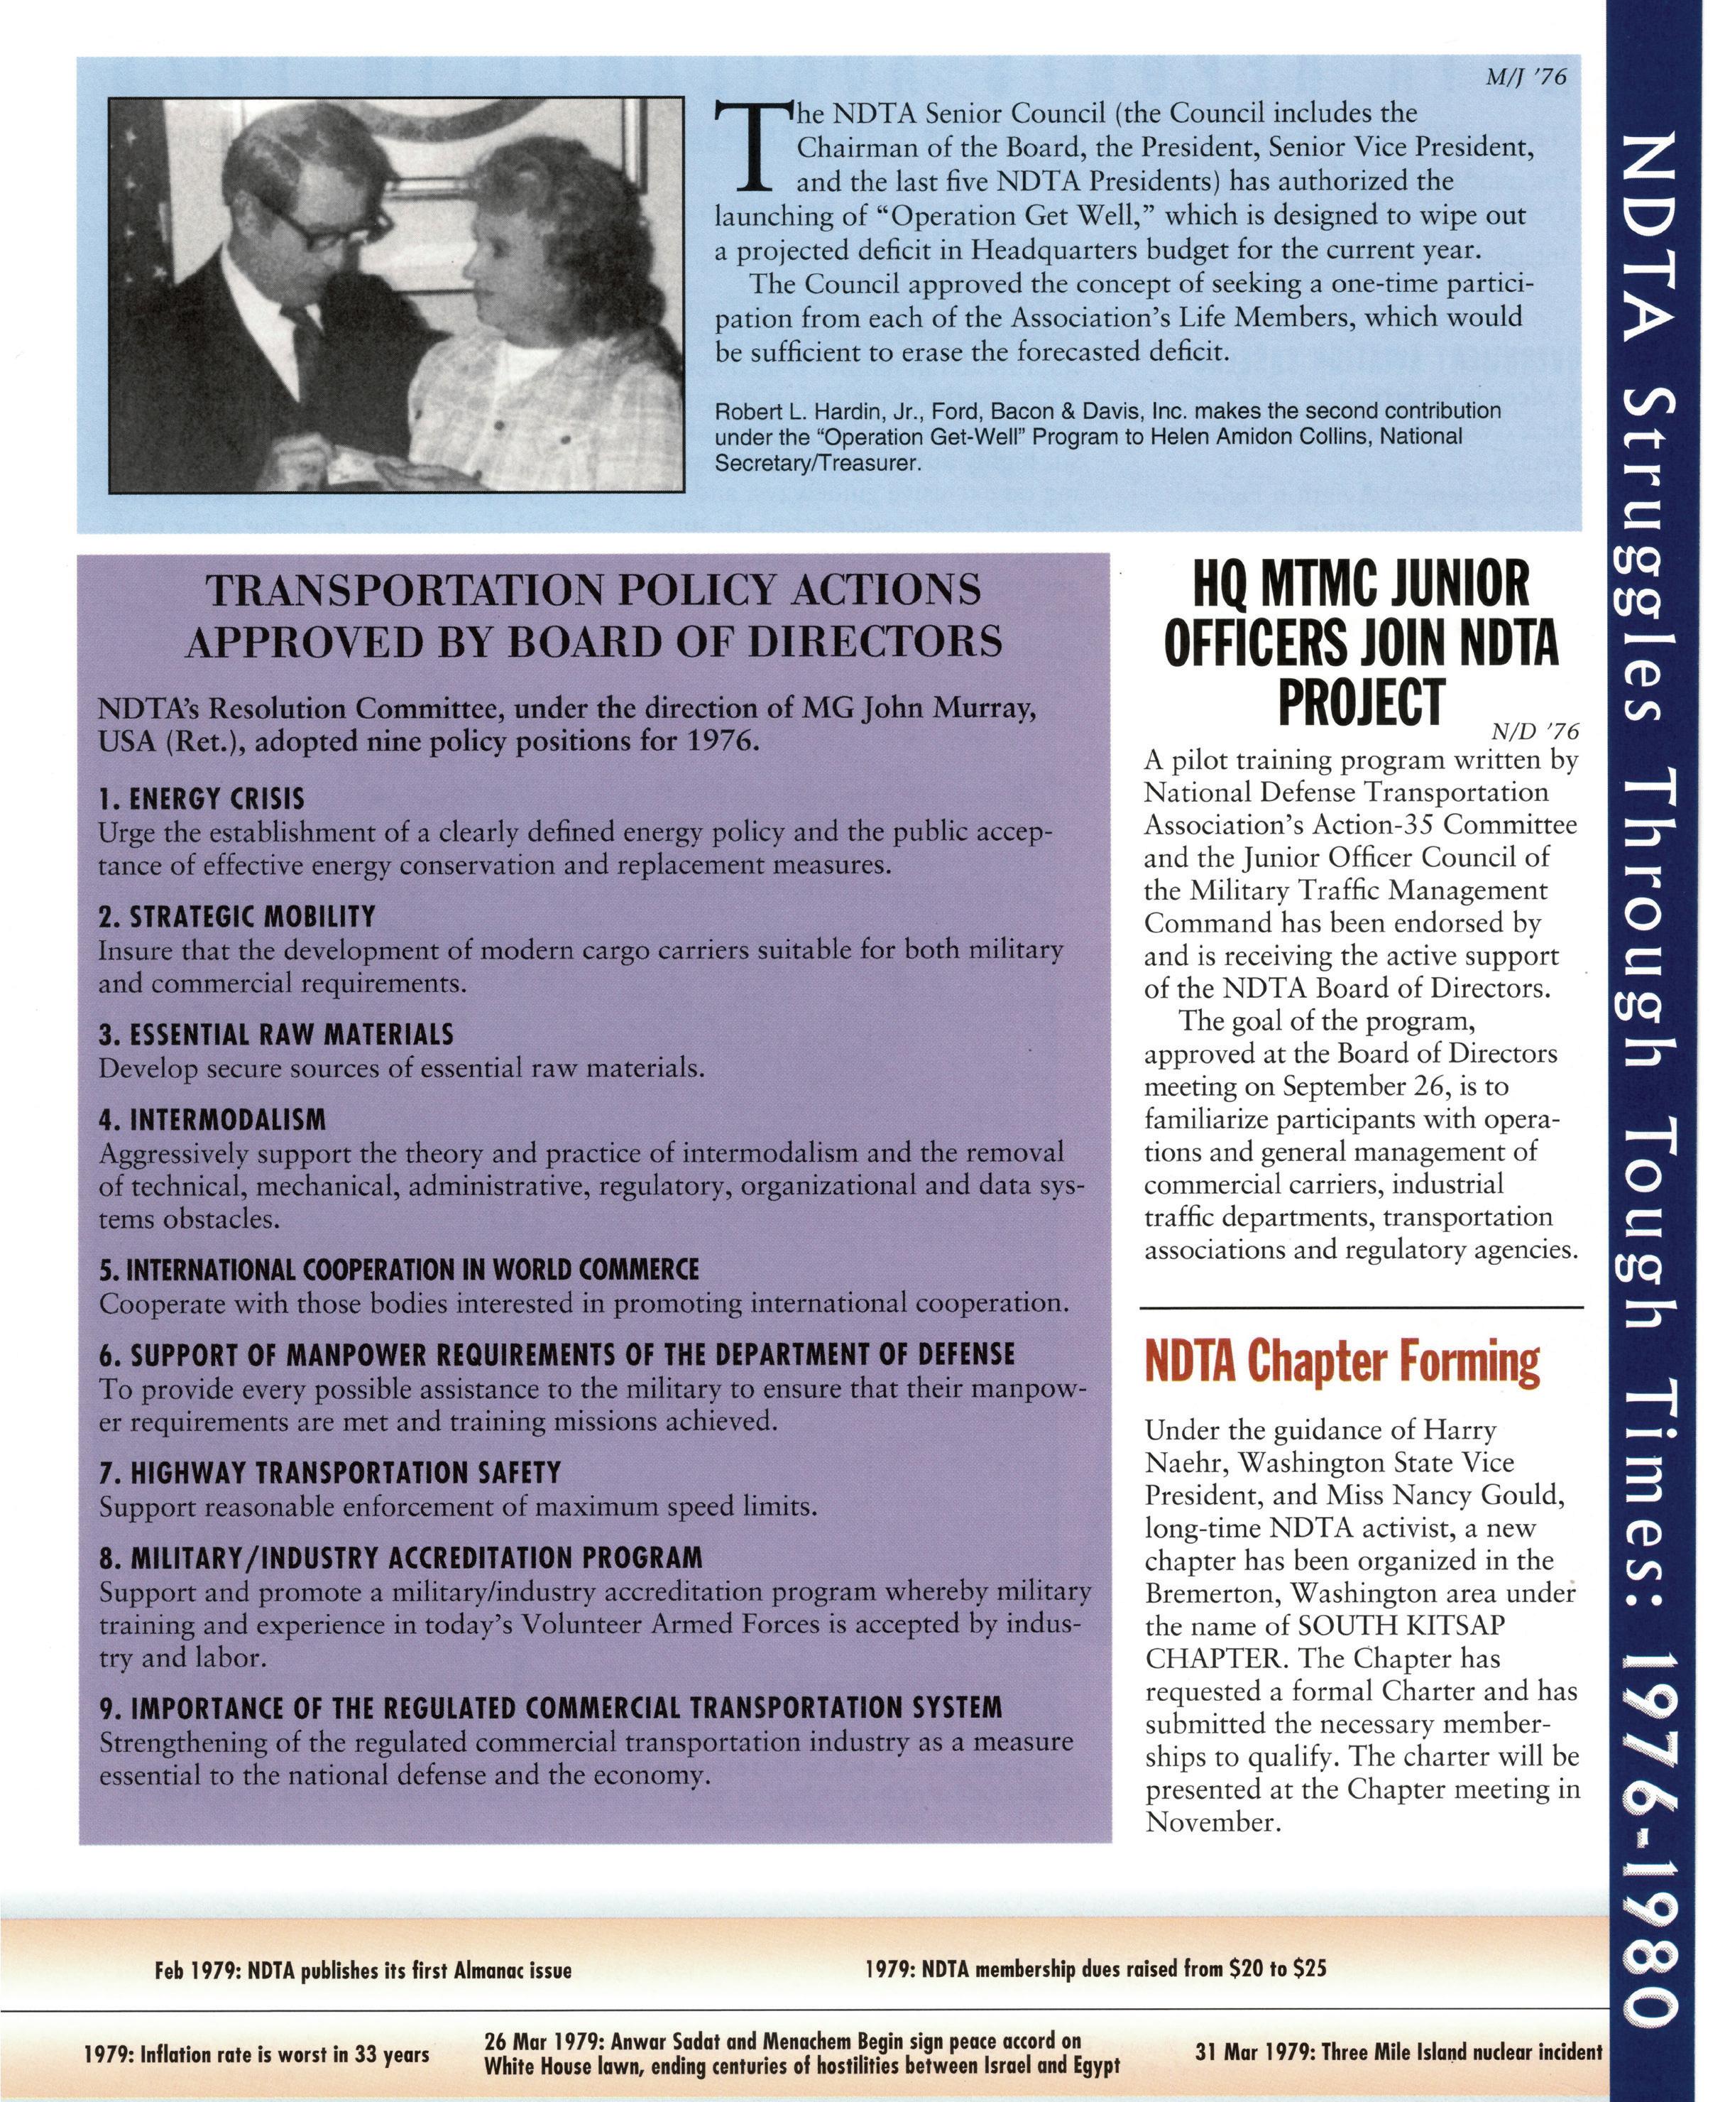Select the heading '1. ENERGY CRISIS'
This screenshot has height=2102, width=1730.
202,800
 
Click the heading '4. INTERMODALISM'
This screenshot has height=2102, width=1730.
212,1121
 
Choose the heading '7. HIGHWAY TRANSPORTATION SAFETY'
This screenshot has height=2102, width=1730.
330,1473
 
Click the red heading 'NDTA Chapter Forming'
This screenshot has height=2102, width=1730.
1342,1361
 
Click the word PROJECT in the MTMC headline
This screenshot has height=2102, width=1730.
1362,702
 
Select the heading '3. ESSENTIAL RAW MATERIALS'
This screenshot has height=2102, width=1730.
276,1035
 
